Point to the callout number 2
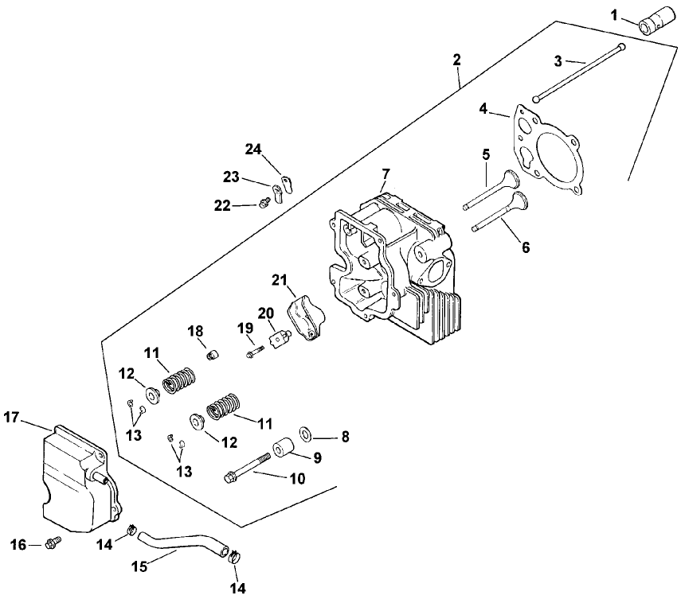pos(456,60)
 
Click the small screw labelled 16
pos(54,543)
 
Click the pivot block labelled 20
pos(277,340)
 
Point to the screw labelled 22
pos(261,204)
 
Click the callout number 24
pos(252,149)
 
